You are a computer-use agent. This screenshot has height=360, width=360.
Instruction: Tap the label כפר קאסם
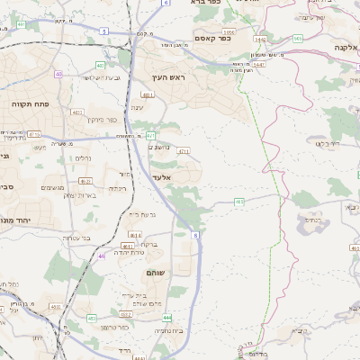[x=213, y=38]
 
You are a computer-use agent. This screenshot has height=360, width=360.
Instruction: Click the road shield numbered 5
[x=103, y=31]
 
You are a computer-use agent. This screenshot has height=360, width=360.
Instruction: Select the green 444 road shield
[x=166, y=317]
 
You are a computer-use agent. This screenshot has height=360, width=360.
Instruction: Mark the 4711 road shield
[x=183, y=151]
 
